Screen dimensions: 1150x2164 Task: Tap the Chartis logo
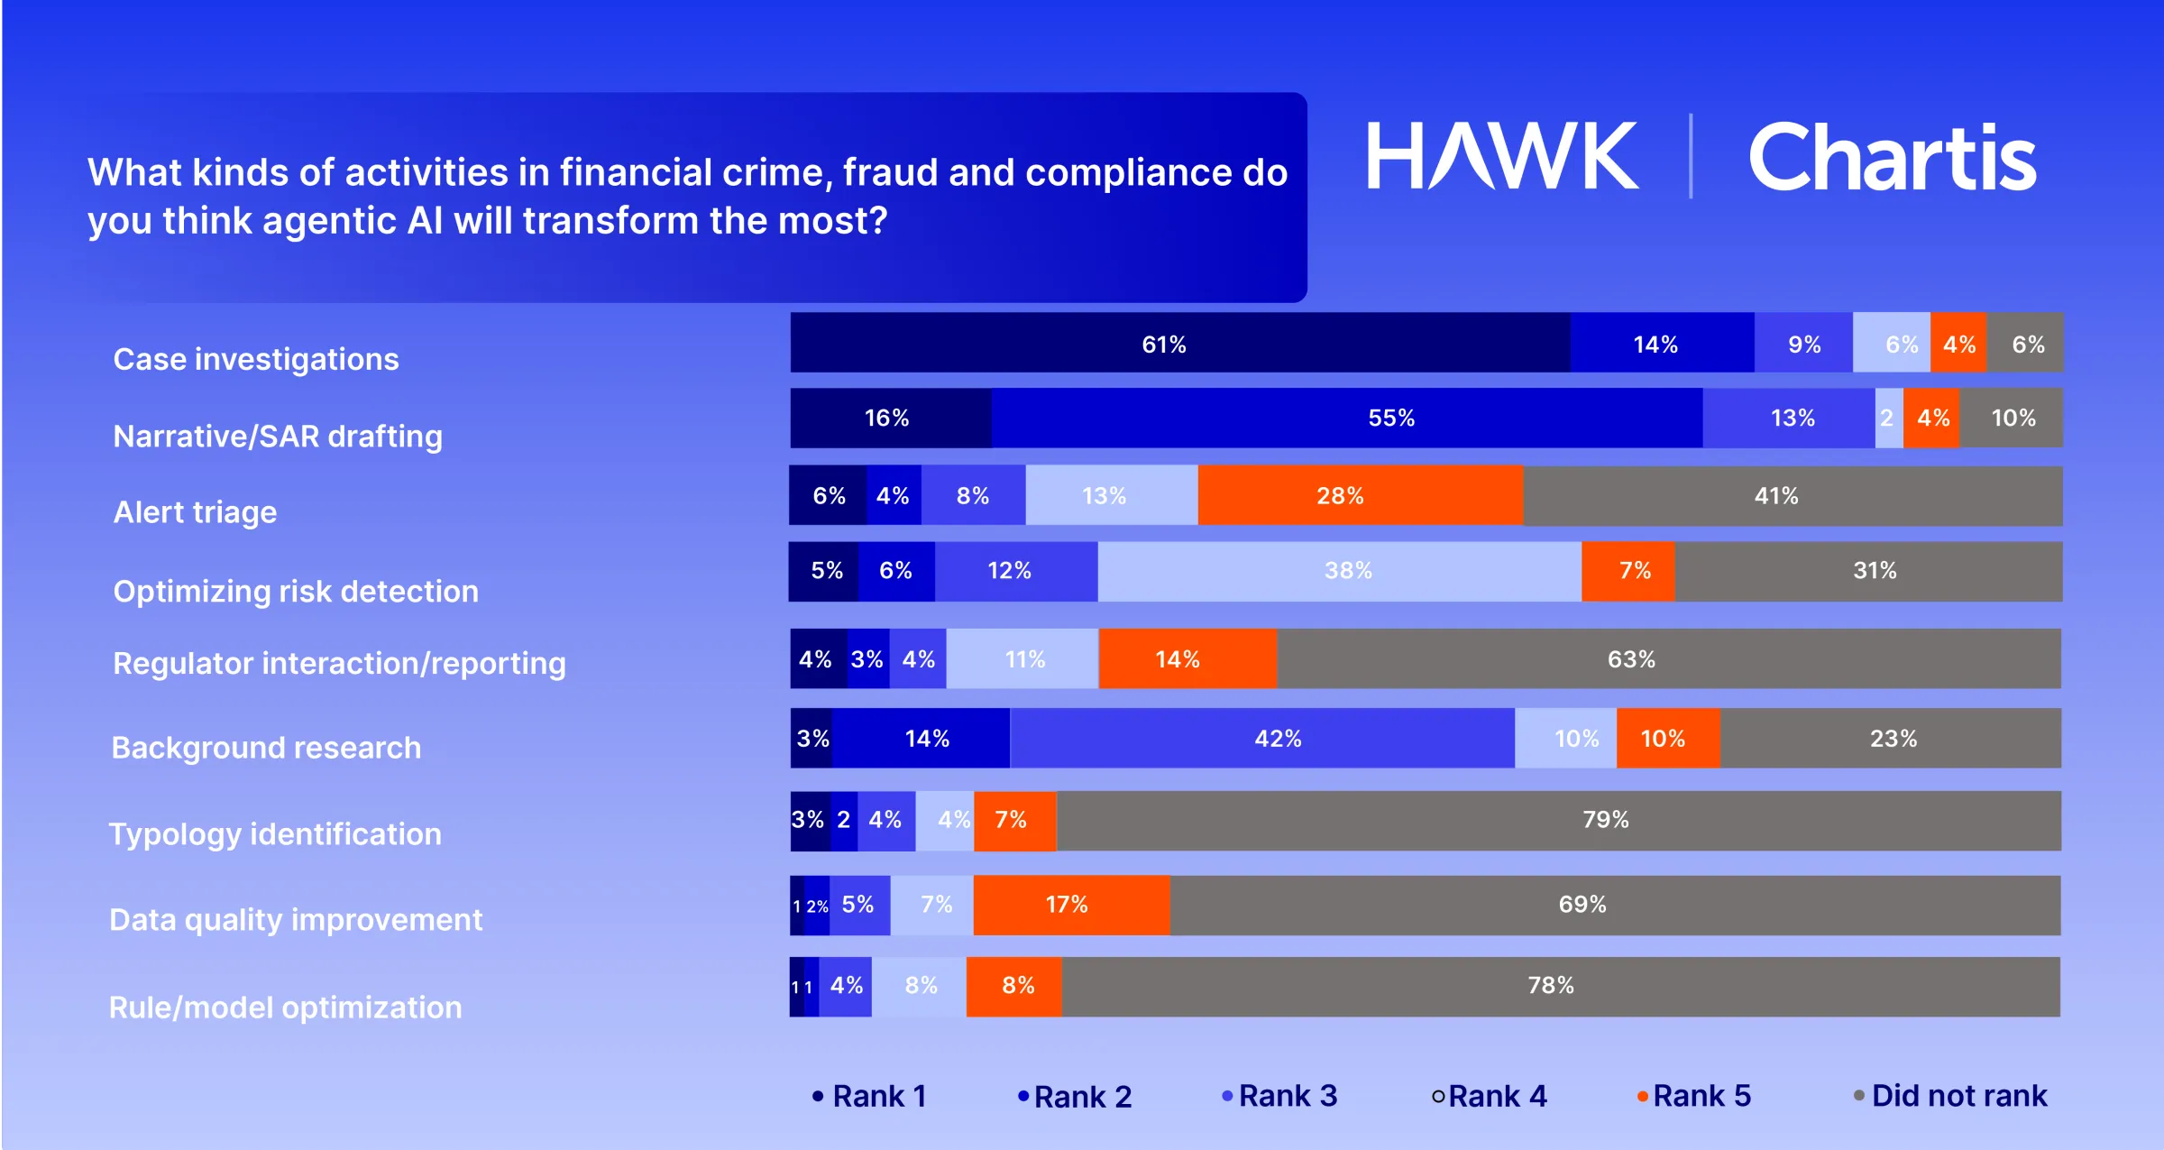point(1891,158)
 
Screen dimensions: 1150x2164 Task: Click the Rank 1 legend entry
point(870,1096)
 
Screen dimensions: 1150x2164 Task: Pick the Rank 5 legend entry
point(1694,1096)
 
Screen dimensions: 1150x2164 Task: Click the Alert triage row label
point(195,512)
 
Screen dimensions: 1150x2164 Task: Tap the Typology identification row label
point(275,834)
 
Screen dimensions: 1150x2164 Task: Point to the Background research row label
point(266,748)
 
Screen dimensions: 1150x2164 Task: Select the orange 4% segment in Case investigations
point(1958,344)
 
